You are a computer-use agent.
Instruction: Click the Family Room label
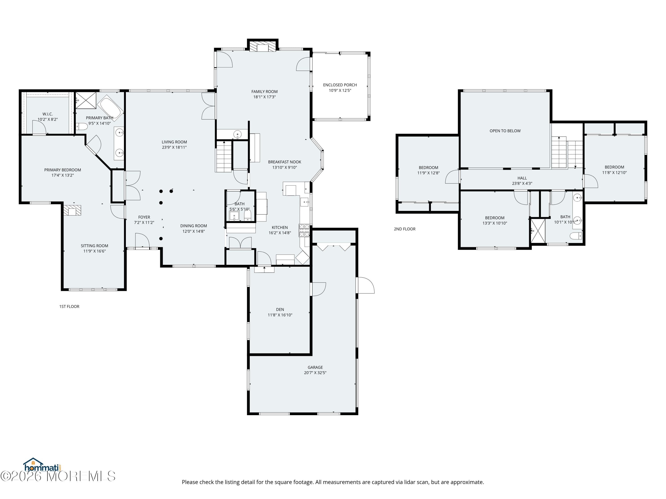(x=264, y=91)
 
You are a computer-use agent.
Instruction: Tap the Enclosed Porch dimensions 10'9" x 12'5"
(x=340, y=90)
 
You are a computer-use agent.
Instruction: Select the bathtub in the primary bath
(x=110, y=108)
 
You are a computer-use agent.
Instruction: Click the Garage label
(x=315, y=367)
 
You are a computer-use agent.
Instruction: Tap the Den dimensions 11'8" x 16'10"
(x=280, y=315)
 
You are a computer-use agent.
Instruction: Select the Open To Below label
(x=505, y=131)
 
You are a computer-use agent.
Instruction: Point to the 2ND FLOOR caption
(x=404, y=229)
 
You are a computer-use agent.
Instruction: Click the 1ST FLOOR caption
(x=69, y=306)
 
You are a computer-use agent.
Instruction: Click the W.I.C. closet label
(x=48, y=114)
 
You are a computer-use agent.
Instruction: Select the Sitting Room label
(x=94, y=246)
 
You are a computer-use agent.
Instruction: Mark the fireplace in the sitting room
(x=72, y=210)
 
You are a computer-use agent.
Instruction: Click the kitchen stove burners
(x=304, y=230)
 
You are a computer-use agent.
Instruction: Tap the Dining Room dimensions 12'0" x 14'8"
(x=193, y=231)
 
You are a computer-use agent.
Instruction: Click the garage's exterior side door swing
(x=365, y=285)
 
